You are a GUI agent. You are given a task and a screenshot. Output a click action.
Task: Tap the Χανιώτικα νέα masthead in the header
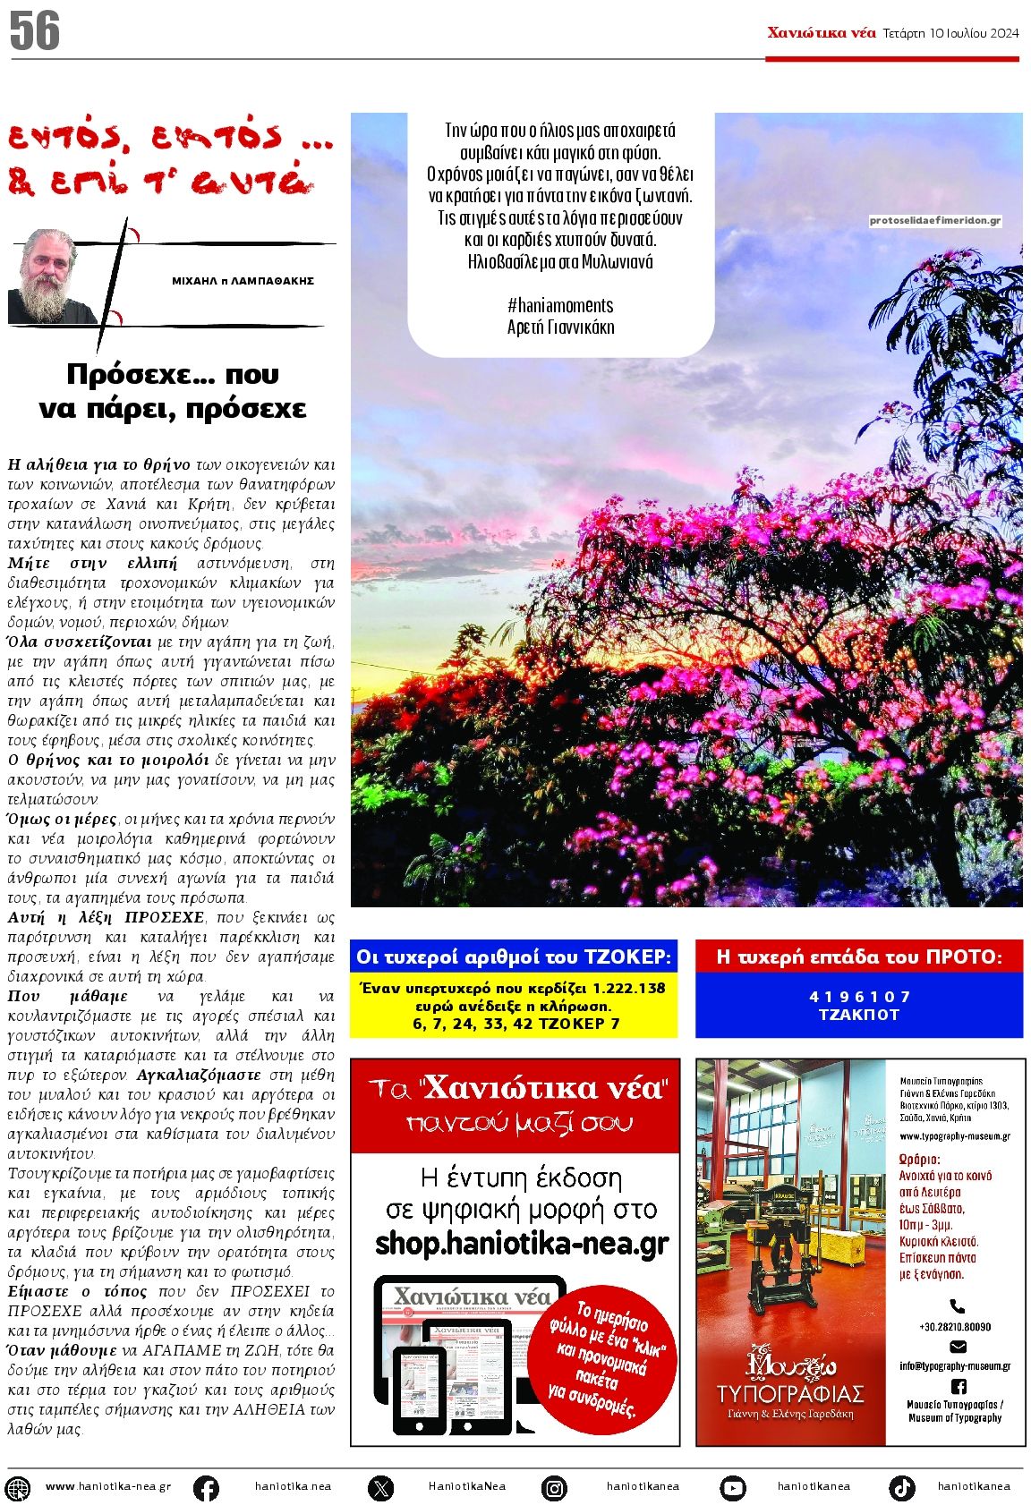(821, 33)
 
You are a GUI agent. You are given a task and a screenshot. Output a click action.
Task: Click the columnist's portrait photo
(51, 276)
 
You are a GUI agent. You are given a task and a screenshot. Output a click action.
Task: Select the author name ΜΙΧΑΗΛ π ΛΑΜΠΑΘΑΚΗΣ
(243, 281)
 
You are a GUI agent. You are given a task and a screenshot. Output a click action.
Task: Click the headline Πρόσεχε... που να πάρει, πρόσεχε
(172, 391)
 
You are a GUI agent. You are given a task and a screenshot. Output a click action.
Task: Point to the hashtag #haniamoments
(560, 305)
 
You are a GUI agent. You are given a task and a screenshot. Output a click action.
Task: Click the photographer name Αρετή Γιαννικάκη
(560, 327)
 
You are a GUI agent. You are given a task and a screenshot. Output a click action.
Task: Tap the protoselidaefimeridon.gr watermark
(934, 220)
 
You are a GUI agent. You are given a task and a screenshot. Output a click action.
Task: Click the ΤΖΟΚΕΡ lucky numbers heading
(513, 957)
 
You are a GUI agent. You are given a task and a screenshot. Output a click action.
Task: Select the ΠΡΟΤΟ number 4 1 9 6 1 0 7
(859, 997)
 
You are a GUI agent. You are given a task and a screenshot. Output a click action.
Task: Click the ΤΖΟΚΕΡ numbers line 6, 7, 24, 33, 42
(513, 1024)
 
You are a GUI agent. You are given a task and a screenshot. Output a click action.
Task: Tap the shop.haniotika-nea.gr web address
(522, 1244)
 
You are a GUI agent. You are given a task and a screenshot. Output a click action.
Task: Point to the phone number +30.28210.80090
(955, 1327)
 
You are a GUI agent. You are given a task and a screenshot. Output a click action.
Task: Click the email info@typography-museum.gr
(955, 1366)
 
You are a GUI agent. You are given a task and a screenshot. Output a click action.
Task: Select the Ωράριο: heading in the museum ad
(918, 1160)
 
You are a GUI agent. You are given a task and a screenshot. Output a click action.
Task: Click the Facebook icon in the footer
(206, 1487)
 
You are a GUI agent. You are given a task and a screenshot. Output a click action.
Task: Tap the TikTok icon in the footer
(901, 1487)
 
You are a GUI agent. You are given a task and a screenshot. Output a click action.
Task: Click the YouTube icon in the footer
(732, 1487)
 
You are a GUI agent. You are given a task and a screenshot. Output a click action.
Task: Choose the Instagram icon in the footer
(555, 1487)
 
